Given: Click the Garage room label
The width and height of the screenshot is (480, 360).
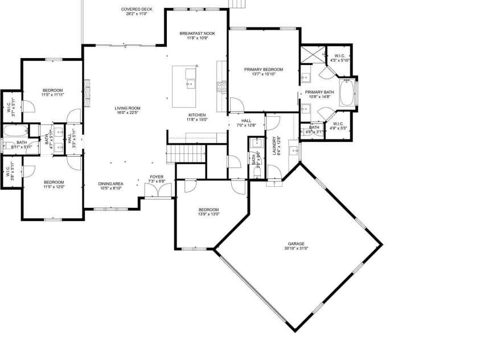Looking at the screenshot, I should click(x=295, y=244).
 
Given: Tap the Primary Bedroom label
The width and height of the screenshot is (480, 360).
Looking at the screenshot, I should click(x=264, y=69).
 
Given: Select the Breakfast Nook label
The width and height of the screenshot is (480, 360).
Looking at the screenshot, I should click(x=197, y=34).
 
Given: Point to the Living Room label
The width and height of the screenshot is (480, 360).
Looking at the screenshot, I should click(x=128, y=108).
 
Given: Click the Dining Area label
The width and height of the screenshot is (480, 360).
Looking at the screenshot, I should click(x=110, y=183).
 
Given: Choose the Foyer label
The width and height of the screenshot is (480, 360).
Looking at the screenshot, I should click(x=157, y=177).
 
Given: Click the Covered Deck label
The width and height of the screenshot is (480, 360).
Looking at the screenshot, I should click(x=136, y=9).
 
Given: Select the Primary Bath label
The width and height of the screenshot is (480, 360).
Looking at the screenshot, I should click(x=319, y=92).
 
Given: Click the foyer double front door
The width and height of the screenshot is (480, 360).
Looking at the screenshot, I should click(x=154, y=190).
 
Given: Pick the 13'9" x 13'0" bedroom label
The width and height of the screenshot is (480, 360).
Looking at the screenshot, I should click(x=208, y=210).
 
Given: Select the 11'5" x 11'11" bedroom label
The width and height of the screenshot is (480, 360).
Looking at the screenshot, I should click(x=53, y=91).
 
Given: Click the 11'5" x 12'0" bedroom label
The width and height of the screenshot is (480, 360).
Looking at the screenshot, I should click(x=53, y=182).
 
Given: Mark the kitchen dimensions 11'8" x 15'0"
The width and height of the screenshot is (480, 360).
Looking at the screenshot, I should click(x=197, y=120).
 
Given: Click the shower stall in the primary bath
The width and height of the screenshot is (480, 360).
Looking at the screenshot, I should click(x=313, y=55).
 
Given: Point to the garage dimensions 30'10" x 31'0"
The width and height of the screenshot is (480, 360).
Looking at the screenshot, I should click(x=295, y=248).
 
